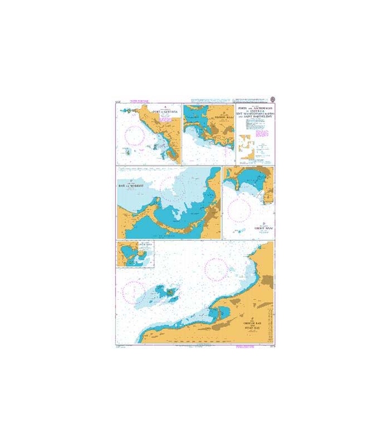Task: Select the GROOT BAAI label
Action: (x=248, y=227)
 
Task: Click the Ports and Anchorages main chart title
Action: (x=255, y=112)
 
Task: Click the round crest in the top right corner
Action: (x=272, y=98)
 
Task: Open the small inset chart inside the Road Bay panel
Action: (x=135, y=254)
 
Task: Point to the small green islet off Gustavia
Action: (x=128, y=151)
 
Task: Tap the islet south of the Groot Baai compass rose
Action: (x=240, y=229)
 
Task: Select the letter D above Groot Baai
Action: (x=248, y=222)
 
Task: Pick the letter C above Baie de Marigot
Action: (x=131, y=180)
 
